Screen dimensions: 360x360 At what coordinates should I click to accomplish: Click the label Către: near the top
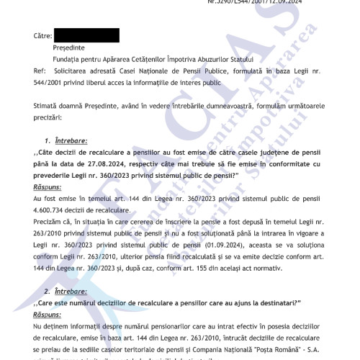tap(42, 35)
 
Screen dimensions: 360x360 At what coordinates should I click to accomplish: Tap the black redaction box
tap(86, 35)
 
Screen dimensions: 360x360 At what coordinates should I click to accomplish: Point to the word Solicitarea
tap(70, 72)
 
